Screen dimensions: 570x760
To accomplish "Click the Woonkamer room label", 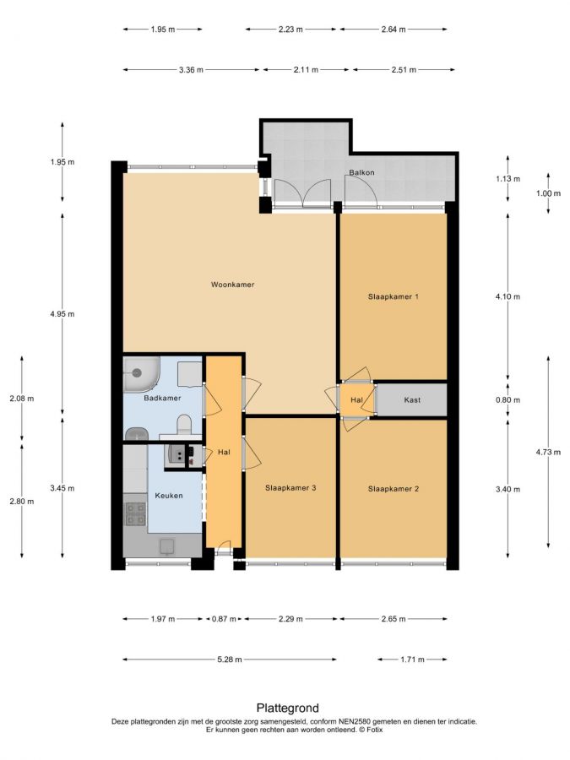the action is (x=233, y=285).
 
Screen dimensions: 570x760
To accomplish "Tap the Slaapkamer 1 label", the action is (x=393, y=296).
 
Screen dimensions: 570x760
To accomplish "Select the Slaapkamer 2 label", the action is (x=393, y=489).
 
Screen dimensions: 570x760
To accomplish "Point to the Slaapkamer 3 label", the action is (x=290, y=487).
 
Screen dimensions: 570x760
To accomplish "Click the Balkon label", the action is (x=361, y=172).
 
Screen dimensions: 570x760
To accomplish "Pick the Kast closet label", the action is (x=412, y=400).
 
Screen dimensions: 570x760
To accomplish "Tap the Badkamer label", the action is (x=162, y=398).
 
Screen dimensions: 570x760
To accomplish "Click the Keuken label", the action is (x=169, y=496).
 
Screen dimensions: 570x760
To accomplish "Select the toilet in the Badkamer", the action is (x=184, y=425).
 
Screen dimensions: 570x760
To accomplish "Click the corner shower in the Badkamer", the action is (x=140, y=374).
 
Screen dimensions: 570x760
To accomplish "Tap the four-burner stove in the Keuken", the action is (x=135, y=513).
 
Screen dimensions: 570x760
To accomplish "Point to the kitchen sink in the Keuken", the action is (x=166, y=546).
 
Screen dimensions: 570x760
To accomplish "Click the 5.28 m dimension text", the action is (x=229, y=660).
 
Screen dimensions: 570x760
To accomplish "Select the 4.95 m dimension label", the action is (x=62, y=313).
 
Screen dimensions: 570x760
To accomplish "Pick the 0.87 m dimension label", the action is (x=224, y=618).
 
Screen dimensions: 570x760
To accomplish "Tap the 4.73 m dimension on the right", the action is (x=548, y=452).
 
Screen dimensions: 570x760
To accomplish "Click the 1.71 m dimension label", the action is (x=412, y=660).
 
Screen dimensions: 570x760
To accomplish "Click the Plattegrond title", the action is (x=287, y=708).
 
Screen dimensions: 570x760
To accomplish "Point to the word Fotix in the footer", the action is (x=374, y=730).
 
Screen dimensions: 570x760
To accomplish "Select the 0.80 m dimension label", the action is (x=508, y=400).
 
